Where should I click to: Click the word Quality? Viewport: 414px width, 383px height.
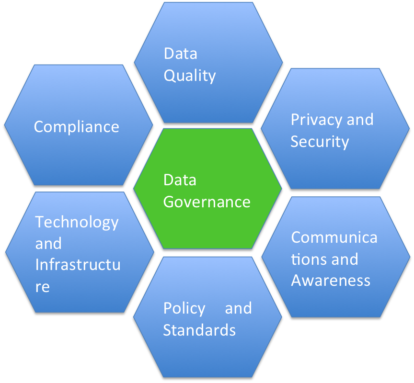[190, 76]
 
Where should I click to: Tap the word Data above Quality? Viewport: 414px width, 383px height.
[180, 53]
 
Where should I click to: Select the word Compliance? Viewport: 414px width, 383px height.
[77, 126]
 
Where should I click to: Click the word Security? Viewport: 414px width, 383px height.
[320, 142]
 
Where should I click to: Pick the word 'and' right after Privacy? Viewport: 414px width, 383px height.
[360, 119]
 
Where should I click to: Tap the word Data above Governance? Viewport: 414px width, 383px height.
[180, 180]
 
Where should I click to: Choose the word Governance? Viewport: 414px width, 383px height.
[207, 202]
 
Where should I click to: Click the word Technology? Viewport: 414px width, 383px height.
[77, 222]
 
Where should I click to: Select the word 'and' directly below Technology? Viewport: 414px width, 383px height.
[48, 244]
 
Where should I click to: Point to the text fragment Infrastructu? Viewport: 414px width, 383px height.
[78, 265]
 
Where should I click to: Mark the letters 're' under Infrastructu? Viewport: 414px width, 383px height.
[42, 287]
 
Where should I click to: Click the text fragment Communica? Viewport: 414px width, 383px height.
[334, 237]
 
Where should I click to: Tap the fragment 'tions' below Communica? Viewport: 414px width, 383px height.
[308, 259]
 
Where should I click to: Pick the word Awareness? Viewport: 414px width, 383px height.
[331, 280]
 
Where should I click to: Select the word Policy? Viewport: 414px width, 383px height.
[184, 308]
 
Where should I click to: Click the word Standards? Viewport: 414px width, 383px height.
[199, 330]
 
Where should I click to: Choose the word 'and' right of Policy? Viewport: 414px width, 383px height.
[238, 308]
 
